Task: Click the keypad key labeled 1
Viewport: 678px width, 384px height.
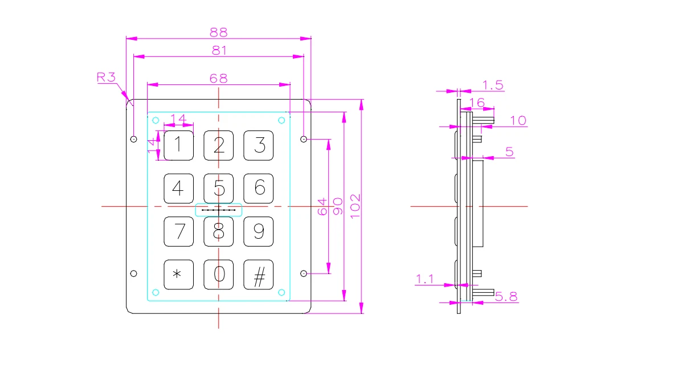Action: [178, 145]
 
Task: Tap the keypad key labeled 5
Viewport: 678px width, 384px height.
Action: [219, 188]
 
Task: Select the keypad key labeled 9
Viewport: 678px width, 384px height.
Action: [259, 231]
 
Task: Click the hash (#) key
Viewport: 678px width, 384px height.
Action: [259, 275]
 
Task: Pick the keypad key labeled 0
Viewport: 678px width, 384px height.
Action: [219, 275]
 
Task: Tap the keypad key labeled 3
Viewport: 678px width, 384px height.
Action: [259, 145]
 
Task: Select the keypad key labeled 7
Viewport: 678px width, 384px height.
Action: [178, 231]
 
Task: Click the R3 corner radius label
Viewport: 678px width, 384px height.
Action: [106, 77]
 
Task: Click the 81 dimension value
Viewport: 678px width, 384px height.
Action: [219, 50]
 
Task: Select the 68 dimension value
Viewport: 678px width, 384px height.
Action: [219, 78]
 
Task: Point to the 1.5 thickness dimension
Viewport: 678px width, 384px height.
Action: [493, 85]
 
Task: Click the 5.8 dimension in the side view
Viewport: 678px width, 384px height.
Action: [505, 296]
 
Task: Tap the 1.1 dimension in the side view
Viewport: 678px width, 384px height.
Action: [425, 279]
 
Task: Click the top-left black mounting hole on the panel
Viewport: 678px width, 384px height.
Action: [133, 139]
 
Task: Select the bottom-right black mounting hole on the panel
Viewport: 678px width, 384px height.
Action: [304, 273]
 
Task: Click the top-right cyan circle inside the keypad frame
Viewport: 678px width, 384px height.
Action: [281, 120]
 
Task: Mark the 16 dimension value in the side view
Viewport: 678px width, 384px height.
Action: [476, 103]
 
